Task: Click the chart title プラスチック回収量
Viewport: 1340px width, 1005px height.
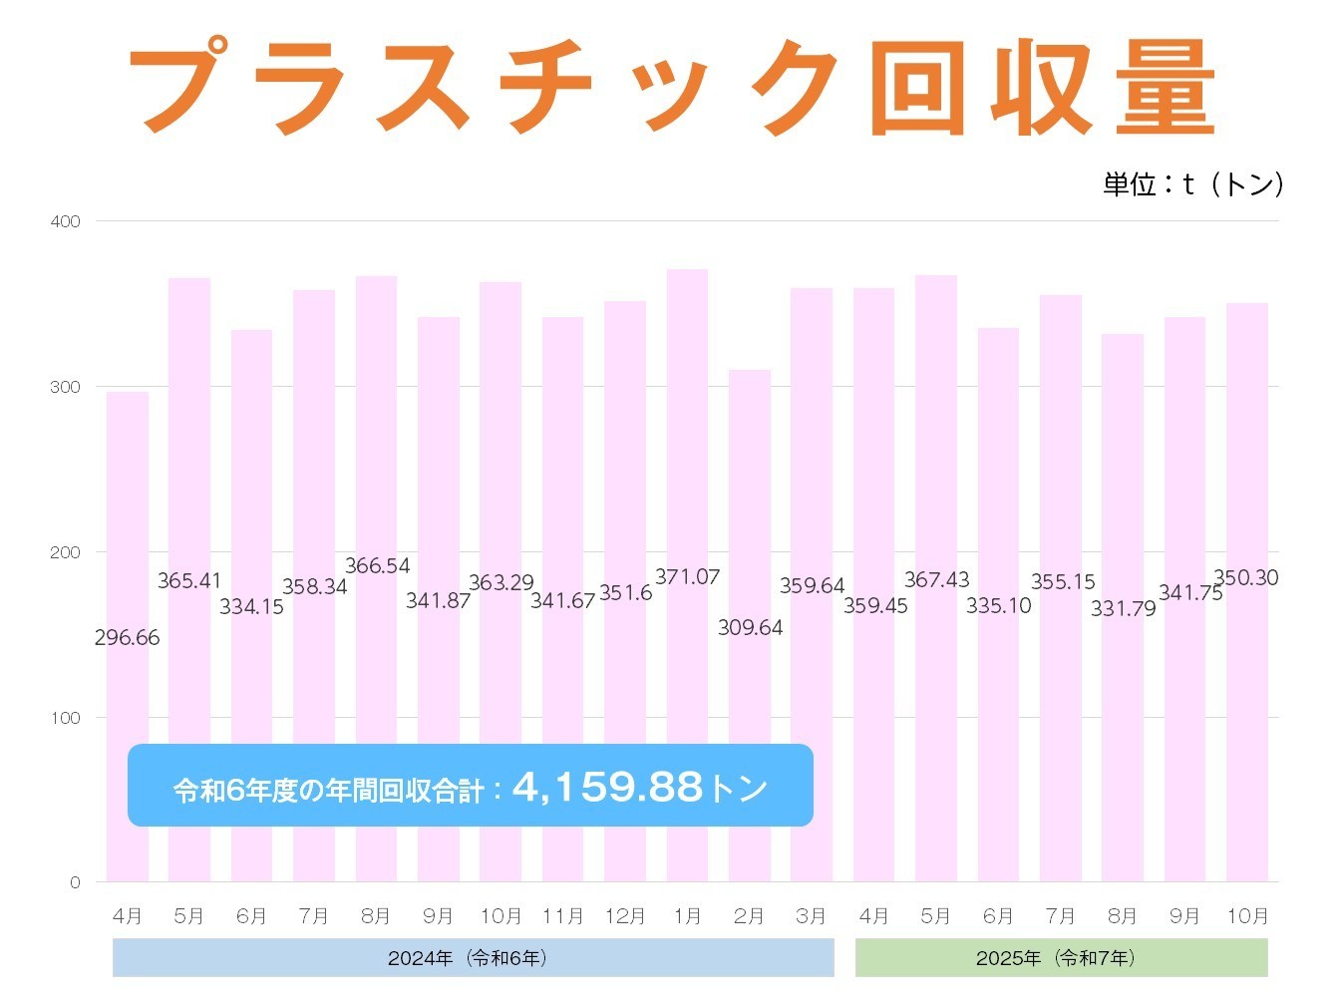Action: pos(670,87)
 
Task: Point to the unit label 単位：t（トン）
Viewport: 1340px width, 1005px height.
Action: pos(1192,184)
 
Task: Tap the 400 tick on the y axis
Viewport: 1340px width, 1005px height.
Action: pos(66,221)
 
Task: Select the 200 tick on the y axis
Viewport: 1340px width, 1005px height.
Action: pos(66,552)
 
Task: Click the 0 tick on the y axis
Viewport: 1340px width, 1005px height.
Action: pos(75,882)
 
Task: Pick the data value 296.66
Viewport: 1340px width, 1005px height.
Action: pos(127,638)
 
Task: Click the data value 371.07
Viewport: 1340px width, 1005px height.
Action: pos(687,577)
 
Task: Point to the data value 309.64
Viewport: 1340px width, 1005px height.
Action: pos(750,628)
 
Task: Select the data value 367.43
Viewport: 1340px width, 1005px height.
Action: pos(936,580)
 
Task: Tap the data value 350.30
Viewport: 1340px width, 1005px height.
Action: pos(1245,578)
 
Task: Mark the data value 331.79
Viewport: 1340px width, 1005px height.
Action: pos(1123,608)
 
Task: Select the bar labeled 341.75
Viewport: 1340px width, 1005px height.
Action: pos(1184,449)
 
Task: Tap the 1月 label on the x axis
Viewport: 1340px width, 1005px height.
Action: pos(687,916)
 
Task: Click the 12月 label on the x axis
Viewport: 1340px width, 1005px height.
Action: pos(625,916)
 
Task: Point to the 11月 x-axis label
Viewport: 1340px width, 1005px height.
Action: pos(562,916)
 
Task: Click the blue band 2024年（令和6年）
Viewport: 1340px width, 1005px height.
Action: pos(473,958)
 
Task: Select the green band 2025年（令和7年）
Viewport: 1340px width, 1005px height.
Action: pos(1061,958)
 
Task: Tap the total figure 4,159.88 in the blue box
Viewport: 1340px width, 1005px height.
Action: pos(607,788)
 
